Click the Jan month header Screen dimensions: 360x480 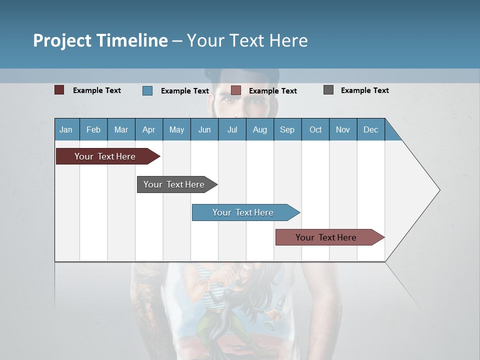click(x=66, y=130)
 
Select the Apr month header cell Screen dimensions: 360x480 click(x=149, y=130)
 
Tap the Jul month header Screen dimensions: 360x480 click(x=232, y=130)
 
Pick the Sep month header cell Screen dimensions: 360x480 click(x=287, y=130)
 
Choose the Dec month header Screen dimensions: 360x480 click(x=370, y=130)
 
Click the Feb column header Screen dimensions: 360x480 click(x=93, y=130)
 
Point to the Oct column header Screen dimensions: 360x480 click(x=315, y=130)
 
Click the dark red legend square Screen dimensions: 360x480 click(x=59, y=90)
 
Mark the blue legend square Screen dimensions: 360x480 click(x=147, y=90)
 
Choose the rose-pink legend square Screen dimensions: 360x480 click(x=236, y=90)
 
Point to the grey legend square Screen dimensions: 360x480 click(x=328, y=90)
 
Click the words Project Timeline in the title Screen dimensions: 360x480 click(x=100, y=40)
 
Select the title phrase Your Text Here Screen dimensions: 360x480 click(x=247, y=40)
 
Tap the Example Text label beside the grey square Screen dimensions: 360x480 click(x=364, y=90)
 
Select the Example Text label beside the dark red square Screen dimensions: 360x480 click(x=97, y=90)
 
